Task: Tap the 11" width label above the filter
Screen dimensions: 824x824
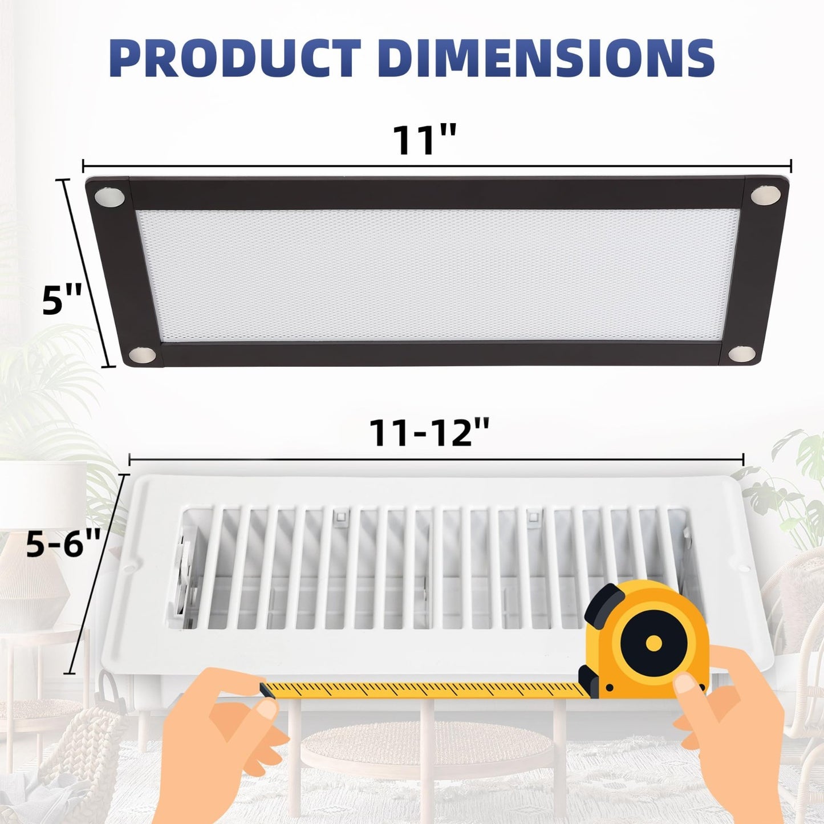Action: (x=424, y=140)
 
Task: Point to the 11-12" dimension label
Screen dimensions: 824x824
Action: (x=429, y=433)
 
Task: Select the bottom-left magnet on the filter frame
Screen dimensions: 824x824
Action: (x=141, y=355)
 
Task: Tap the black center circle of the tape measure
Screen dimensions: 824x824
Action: (x=654, y=643)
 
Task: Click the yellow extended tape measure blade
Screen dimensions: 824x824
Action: (x=428, y=689)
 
